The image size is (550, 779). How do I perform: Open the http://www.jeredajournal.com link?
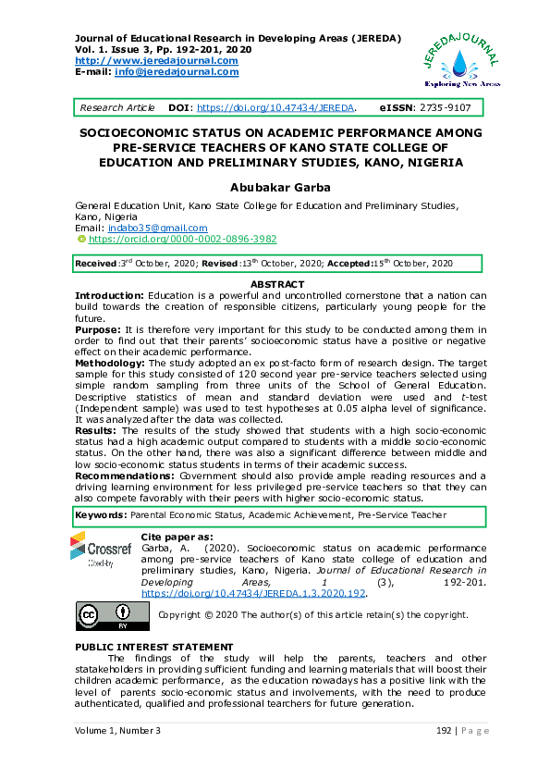(x=156, y=61)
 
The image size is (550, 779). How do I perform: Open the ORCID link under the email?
(x=169, y=239)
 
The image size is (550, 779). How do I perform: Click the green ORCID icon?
(x=80, y=239)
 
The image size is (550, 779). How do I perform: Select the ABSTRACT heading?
(x=277, y=284)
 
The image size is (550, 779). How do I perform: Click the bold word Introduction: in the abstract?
(x=108, y=294)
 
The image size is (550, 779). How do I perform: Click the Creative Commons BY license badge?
(x=104, y=614)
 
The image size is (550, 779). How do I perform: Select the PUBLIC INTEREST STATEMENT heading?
(x=153, y=646)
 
